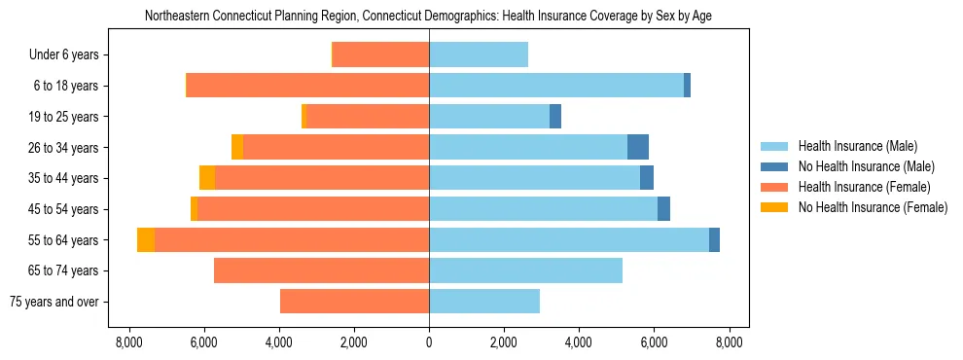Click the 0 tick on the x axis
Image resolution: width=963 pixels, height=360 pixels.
[429, 342]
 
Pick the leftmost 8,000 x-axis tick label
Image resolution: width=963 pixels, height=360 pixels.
[128, 342]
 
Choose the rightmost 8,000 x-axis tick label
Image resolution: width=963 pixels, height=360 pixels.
[730, 342]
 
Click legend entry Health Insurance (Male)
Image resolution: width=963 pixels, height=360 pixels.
[857, 146]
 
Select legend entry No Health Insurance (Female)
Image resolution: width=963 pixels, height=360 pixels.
[873, 207]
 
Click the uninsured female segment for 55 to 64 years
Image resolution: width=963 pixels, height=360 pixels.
[146, 240]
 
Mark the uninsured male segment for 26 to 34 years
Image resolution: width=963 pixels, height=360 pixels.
[638, 147]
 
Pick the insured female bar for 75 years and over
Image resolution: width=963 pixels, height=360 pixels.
[354, 302]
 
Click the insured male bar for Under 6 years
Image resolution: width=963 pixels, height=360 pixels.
[479, 54]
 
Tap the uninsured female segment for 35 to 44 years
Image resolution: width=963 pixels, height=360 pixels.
[207, 178]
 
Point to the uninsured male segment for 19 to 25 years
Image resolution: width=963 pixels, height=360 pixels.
[555, 117]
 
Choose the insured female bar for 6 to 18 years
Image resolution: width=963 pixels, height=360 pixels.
[308, 86]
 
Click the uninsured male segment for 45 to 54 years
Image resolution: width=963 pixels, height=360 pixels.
[663, 209]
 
